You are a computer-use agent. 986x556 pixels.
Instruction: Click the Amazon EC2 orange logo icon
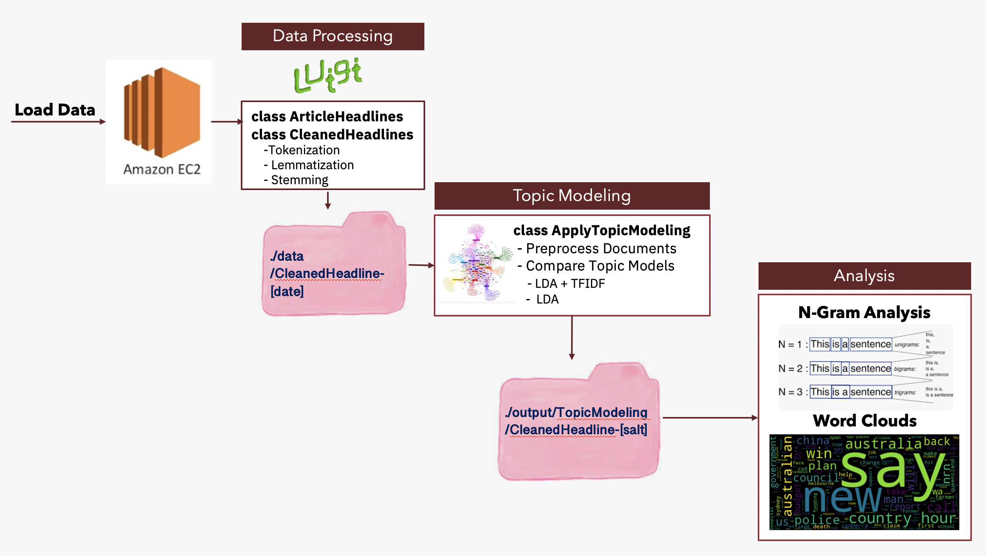coord(162,112)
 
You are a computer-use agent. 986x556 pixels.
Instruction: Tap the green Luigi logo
coord(328,75)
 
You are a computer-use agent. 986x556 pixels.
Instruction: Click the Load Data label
coord(55,110)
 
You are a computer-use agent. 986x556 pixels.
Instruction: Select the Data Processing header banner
coord(333,36)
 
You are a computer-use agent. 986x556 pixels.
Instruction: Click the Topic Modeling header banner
coord(572,196)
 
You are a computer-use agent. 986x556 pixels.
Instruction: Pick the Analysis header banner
coord(864,276)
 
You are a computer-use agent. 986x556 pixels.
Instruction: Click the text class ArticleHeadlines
coord(327,117)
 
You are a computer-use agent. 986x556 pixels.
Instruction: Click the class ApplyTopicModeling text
coord(602,230)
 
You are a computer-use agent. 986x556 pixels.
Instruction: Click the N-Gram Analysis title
coord(864,313)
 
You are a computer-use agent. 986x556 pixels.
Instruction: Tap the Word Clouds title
coord(864,421)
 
